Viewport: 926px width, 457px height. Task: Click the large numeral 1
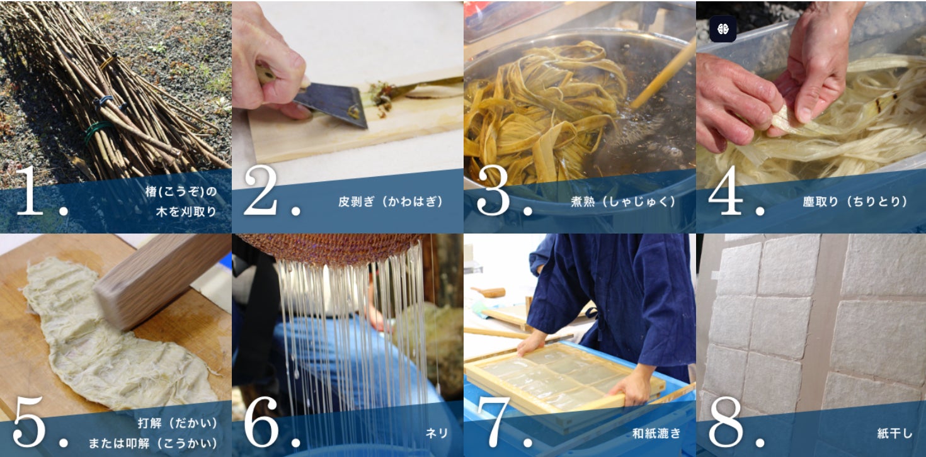pos(30,191)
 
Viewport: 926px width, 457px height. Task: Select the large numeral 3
pos(493,191)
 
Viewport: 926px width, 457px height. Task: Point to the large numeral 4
pos(726,190)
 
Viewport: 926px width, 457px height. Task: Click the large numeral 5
pos(29,422)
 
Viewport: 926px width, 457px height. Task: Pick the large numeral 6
pos(261,422)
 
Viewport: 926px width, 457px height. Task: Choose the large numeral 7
pos(494,422)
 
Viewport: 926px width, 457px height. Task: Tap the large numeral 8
pos(726,422)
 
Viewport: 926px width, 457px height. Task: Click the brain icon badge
pos(723,29)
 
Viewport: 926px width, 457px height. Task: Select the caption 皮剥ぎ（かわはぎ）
pos(391,201)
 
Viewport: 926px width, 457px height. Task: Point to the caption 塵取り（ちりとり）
pos(855,201)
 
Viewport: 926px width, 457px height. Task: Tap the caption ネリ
pos(437,433)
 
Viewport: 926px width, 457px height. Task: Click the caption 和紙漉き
pos(656,433)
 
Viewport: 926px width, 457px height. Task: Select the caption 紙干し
pos(895,433)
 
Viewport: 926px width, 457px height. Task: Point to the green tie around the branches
pos(98,132)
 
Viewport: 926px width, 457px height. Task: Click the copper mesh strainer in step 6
pos(331,247)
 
